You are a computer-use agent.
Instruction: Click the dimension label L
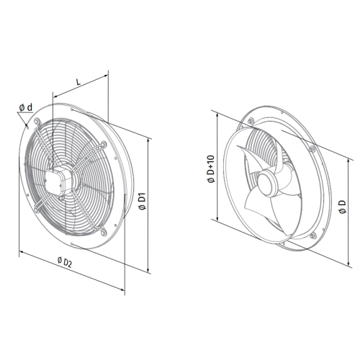pos(78,82)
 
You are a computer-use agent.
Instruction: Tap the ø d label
pos(26,107)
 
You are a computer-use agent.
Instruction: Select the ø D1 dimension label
pos(142,201)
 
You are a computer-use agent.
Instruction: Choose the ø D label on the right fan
pos(343,207)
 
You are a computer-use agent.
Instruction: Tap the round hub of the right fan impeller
pos(269,181)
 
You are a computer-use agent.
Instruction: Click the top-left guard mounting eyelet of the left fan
pos(37,121)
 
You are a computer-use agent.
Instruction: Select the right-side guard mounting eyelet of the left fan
pos(104,145)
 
